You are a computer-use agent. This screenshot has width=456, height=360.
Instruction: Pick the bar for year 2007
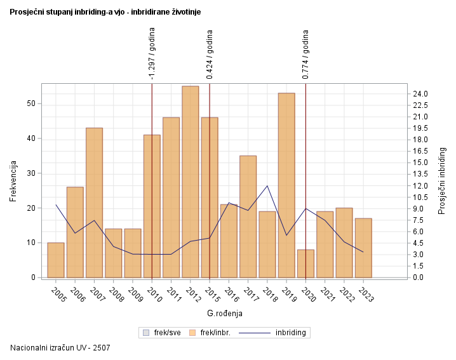pyautogui.click(x=95, y=203)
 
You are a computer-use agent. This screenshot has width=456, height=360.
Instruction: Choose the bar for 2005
pyautogui.click(x=56, y=260)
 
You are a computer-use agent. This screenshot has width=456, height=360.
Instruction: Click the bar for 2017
pyautogui.click(x=248, y=217)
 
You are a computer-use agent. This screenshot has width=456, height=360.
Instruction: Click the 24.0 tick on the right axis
pyautogui.click(x=420, y=94)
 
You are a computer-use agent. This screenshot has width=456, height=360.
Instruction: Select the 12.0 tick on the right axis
pyautogui.click(x=420, y=186)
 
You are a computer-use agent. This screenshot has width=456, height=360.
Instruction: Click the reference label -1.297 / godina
pyautogui.click(x=152, y=55)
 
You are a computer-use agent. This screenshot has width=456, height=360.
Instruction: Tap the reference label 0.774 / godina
pyautogui.click(x=306, y=55)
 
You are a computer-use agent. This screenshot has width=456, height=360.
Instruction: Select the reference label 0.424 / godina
pyautogui.click(x=210, y=55)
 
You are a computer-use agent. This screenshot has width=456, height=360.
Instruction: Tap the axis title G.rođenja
pyautogui.click(x=225, y=313)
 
